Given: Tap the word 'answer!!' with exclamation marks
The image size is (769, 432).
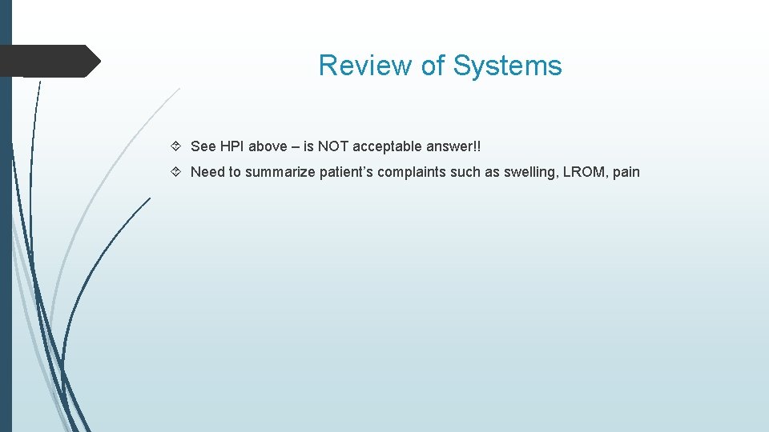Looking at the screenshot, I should pyautogui.click(x=453, y=146).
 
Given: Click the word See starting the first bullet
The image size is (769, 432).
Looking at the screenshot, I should pyautogui.click(x=203, y=146).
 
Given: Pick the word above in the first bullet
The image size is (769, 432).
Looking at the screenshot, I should pyautogui.click(x=268, y=146).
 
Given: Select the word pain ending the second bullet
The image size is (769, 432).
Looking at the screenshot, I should pyautogui.click(x=626, y=172).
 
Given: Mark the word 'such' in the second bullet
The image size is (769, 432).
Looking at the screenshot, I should pyautogui.click(x=468, y=172).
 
